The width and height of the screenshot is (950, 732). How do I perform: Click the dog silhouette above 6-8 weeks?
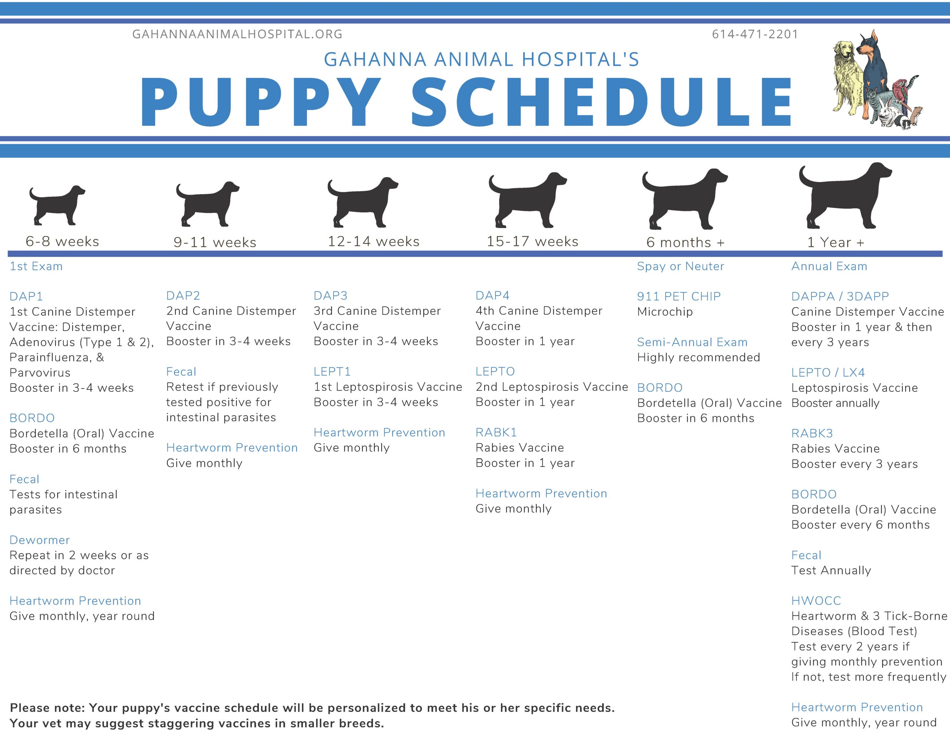click(x=56, y=205)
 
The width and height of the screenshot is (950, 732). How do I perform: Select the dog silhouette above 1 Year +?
click(x=844, y=196)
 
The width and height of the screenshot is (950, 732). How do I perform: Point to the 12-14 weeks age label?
click(x=373, y=241)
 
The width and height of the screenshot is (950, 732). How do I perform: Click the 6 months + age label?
click(x=685, y=243)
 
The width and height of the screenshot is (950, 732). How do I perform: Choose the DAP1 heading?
click(x=26, y=296)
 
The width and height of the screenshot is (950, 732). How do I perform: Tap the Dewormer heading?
click(x=40, y=540)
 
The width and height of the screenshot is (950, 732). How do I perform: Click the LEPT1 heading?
click(x=332, y=372)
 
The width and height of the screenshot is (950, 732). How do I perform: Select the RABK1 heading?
click(x=496, y=433)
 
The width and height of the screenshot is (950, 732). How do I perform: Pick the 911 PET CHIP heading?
click(x=679, y=296)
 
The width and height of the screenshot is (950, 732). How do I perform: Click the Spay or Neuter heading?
click(x=680, y=266)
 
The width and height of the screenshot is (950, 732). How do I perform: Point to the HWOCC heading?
click(x=816, y=601)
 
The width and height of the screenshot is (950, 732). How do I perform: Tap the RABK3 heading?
click(x=812, y=433)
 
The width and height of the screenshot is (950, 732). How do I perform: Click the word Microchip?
click(x=665, y=312)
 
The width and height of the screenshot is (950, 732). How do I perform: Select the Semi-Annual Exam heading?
click(x=692, y=342)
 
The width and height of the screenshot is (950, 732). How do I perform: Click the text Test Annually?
click(x=831, y=570)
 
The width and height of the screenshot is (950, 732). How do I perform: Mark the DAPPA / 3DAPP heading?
click(x=840, y=296)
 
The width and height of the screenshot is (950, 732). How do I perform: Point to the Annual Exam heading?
click(x=829, y=266)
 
